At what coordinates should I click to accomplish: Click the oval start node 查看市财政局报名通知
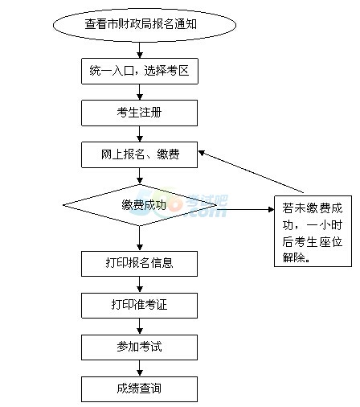coord(145,25)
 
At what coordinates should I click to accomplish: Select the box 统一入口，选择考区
coord(140,71)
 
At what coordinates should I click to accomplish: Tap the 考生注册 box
coord(139,113)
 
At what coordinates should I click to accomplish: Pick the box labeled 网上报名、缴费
coord(139,154)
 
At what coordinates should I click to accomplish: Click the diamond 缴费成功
coord(140,205)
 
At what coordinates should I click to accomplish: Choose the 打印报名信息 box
coord(139,264)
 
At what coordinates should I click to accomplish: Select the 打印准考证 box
coord(139,306)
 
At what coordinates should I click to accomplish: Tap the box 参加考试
coord(139,347)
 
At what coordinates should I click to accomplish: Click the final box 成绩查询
coord(139,389)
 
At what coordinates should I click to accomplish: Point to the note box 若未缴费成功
coord(313,231)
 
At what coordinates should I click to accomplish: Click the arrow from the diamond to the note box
coord(245,209)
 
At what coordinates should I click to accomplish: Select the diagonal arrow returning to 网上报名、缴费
coord(252,171)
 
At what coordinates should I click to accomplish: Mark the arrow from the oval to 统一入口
coord(140,50)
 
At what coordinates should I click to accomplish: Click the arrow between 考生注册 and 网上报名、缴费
coord(140,134)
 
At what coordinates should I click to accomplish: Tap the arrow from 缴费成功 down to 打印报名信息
coord(140,238)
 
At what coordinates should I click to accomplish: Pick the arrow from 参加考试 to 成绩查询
coord(140,368)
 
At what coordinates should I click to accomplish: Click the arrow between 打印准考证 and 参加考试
coord(140,327)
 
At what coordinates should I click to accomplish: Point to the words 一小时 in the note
coord(324,225)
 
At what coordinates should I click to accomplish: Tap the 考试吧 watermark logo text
coord(207,201)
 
